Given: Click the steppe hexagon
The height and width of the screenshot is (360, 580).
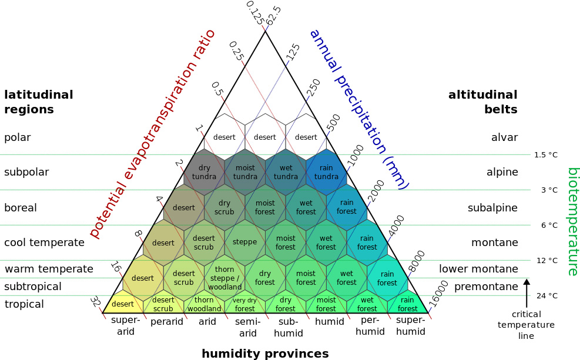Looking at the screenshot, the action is [x=245, y=243].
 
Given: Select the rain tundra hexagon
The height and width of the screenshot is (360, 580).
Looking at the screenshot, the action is [x=326, y=172].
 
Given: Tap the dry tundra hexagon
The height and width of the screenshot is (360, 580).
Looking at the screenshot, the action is [x=204, y=172].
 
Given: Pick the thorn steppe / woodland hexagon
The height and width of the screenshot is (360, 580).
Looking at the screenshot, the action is [x=224, y=278].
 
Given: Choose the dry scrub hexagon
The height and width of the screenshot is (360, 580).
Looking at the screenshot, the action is [x=224, y=207].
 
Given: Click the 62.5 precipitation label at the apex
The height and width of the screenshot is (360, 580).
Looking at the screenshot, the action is [x=274, y=15].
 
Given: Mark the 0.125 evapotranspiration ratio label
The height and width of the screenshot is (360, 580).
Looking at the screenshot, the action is [x=255, y=13].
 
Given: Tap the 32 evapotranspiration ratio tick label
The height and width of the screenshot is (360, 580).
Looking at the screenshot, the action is [x=95, y=302].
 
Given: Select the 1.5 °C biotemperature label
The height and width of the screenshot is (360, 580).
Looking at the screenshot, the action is [x=546, y=155].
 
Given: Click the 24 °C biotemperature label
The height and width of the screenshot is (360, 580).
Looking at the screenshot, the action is [x=547, y=295].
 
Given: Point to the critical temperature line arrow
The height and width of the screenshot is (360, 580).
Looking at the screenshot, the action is [x=527, y=293].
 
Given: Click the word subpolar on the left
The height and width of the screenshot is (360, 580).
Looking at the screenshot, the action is [x=26, y=173].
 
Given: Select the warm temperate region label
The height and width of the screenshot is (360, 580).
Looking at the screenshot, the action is [x=49, y=269].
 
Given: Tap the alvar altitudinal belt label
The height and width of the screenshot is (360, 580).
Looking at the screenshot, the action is [x=505, y=137].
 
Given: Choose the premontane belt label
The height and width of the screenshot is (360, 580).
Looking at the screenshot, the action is [x=486, y=287].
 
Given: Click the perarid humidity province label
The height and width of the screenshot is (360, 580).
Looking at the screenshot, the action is [x=167, y=322].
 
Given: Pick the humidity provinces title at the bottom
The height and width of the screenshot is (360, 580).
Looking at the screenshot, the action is [x=265, y=354].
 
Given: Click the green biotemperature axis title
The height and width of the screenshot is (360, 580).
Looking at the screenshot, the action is [x=572, y=222].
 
